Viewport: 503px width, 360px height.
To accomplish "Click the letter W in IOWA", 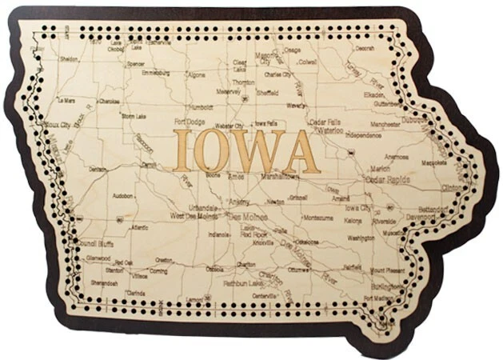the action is point(257,151).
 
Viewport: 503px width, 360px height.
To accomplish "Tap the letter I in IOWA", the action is point(182,151).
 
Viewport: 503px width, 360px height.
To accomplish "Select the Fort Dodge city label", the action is point(189,122).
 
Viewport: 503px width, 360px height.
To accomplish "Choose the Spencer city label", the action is point(136,64).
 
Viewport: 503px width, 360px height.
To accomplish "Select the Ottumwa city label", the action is point(298,270).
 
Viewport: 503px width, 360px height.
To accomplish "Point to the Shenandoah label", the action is point(104,283).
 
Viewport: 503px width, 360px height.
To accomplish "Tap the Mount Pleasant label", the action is point(387,270).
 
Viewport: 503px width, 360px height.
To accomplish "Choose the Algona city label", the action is point(195,74).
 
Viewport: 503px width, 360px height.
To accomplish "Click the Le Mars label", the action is point(66,102).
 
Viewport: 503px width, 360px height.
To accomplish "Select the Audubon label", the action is point(122,195).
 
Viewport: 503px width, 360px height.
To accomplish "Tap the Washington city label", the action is point(361,238).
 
